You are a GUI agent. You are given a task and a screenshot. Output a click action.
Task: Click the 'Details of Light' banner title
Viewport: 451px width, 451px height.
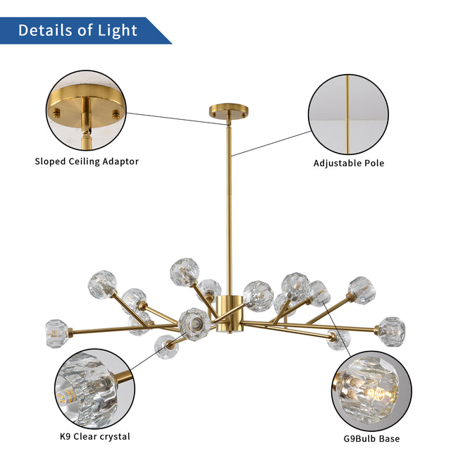78,30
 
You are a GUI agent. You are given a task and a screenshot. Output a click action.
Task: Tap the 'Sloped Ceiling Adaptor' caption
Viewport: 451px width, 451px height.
87,161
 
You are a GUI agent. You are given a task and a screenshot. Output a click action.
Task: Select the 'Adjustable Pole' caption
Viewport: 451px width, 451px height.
349,163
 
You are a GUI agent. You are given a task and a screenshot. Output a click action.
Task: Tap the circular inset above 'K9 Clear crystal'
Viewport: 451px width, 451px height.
94,393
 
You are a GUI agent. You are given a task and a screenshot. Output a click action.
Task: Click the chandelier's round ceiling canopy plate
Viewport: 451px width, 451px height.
228,110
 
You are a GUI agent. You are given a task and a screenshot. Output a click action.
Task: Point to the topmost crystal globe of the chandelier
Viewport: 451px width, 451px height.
184,271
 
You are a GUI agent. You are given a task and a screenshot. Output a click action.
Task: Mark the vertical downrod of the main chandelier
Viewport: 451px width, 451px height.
229,204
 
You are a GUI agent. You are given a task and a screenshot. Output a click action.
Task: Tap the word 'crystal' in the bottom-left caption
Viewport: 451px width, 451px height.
114,437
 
